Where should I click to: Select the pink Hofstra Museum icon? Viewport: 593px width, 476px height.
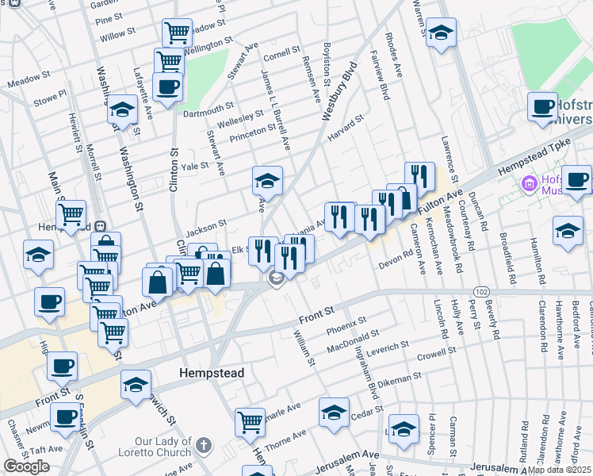coord(529,185)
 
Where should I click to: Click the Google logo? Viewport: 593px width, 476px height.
coord(26,466)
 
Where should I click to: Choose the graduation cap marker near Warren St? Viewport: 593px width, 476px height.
coord(441,33)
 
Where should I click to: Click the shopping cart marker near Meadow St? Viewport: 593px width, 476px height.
coord(177,33)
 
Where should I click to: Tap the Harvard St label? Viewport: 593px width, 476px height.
coord(346,124)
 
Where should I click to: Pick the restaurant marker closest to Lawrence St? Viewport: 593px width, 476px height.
coord(419,177)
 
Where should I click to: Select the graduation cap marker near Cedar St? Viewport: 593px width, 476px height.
coord(334,413)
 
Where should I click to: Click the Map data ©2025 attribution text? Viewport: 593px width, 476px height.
coord(560,470)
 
